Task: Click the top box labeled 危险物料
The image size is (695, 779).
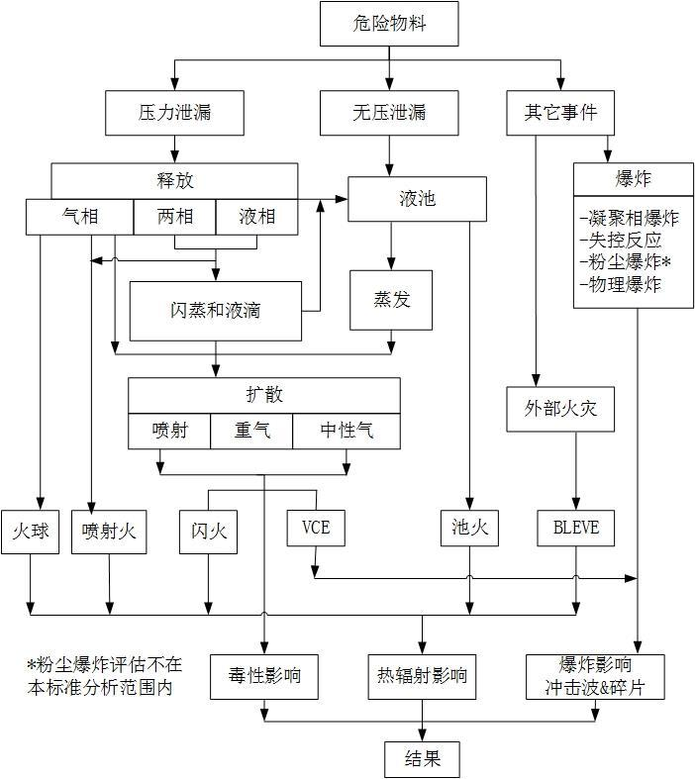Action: click(389, 24)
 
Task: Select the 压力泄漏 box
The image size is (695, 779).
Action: click(175, 113)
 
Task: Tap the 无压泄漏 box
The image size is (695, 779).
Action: click(389, 113)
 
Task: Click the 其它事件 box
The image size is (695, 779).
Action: click(560, 113)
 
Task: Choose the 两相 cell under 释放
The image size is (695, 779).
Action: click(174, 217)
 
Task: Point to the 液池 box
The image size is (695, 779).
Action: click(417, 199)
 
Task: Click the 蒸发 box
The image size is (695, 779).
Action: click(391, 300)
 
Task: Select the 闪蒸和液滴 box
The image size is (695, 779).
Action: click(215, 310)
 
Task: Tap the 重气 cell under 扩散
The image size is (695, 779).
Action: click(251, 431)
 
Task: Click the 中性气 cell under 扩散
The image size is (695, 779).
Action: click(347, 431)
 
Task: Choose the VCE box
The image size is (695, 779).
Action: click(315, 529)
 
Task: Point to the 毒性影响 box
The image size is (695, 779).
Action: click(263, 679)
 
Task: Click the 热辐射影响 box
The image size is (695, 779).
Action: click(422, 679)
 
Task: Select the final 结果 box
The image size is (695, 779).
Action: click(422, 759)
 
